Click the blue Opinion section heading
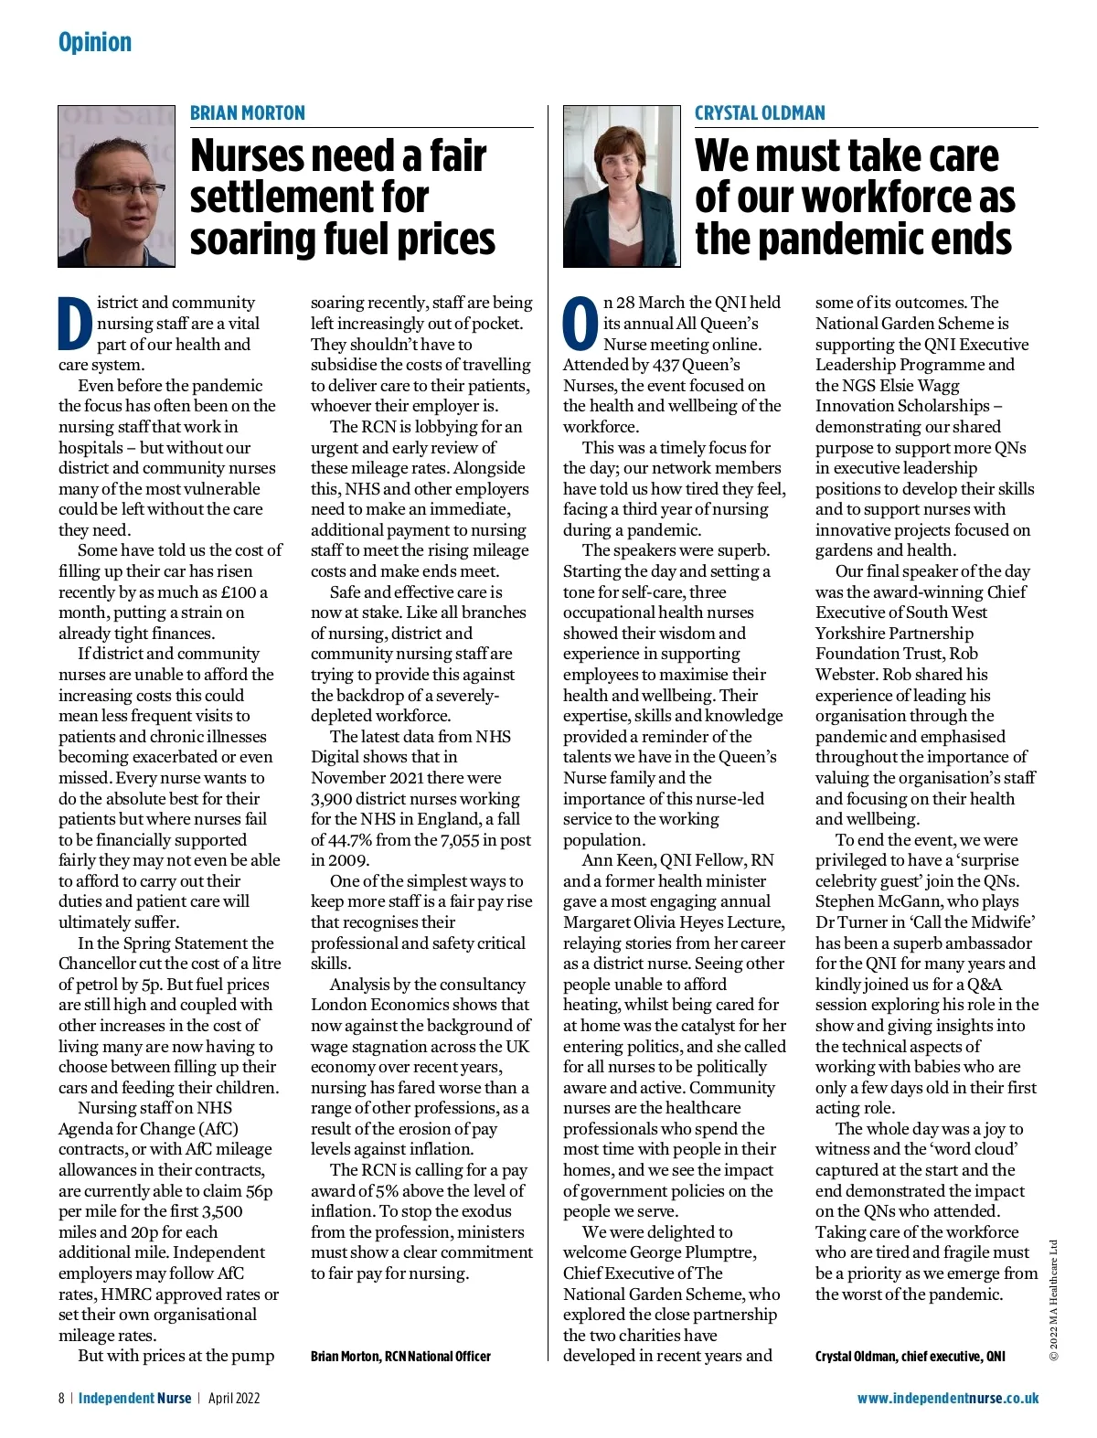click(x=95, y=42)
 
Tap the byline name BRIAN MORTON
click(x=248, y=113)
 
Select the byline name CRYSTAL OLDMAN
click(x=760, y=113)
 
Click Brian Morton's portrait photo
click(x=116, y=186)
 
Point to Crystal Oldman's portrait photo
click(x=622, y=186)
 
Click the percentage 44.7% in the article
click(x=356, y=840)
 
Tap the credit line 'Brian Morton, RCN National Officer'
click(x=400, y=1357)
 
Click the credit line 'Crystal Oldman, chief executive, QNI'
click(x=910, y=1357)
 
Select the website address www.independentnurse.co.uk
click(x=947, y=1399)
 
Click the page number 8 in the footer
click(x=61, y=1399)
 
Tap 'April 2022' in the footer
click(x=234, y=1399)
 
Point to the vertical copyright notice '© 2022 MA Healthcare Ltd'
click(x=1053, y=1299)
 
